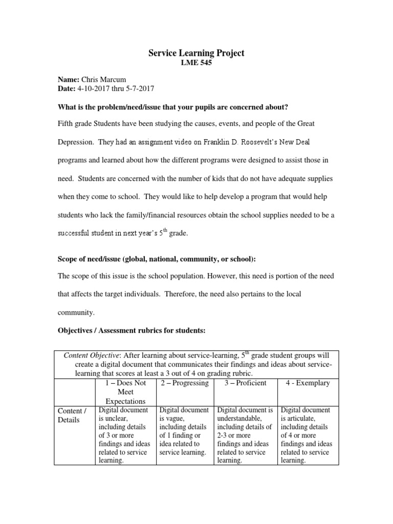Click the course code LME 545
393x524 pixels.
point(196,63)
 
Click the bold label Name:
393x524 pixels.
point(68,79)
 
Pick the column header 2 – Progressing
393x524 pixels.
point(185,383)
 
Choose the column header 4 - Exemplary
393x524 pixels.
point(306,383)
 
